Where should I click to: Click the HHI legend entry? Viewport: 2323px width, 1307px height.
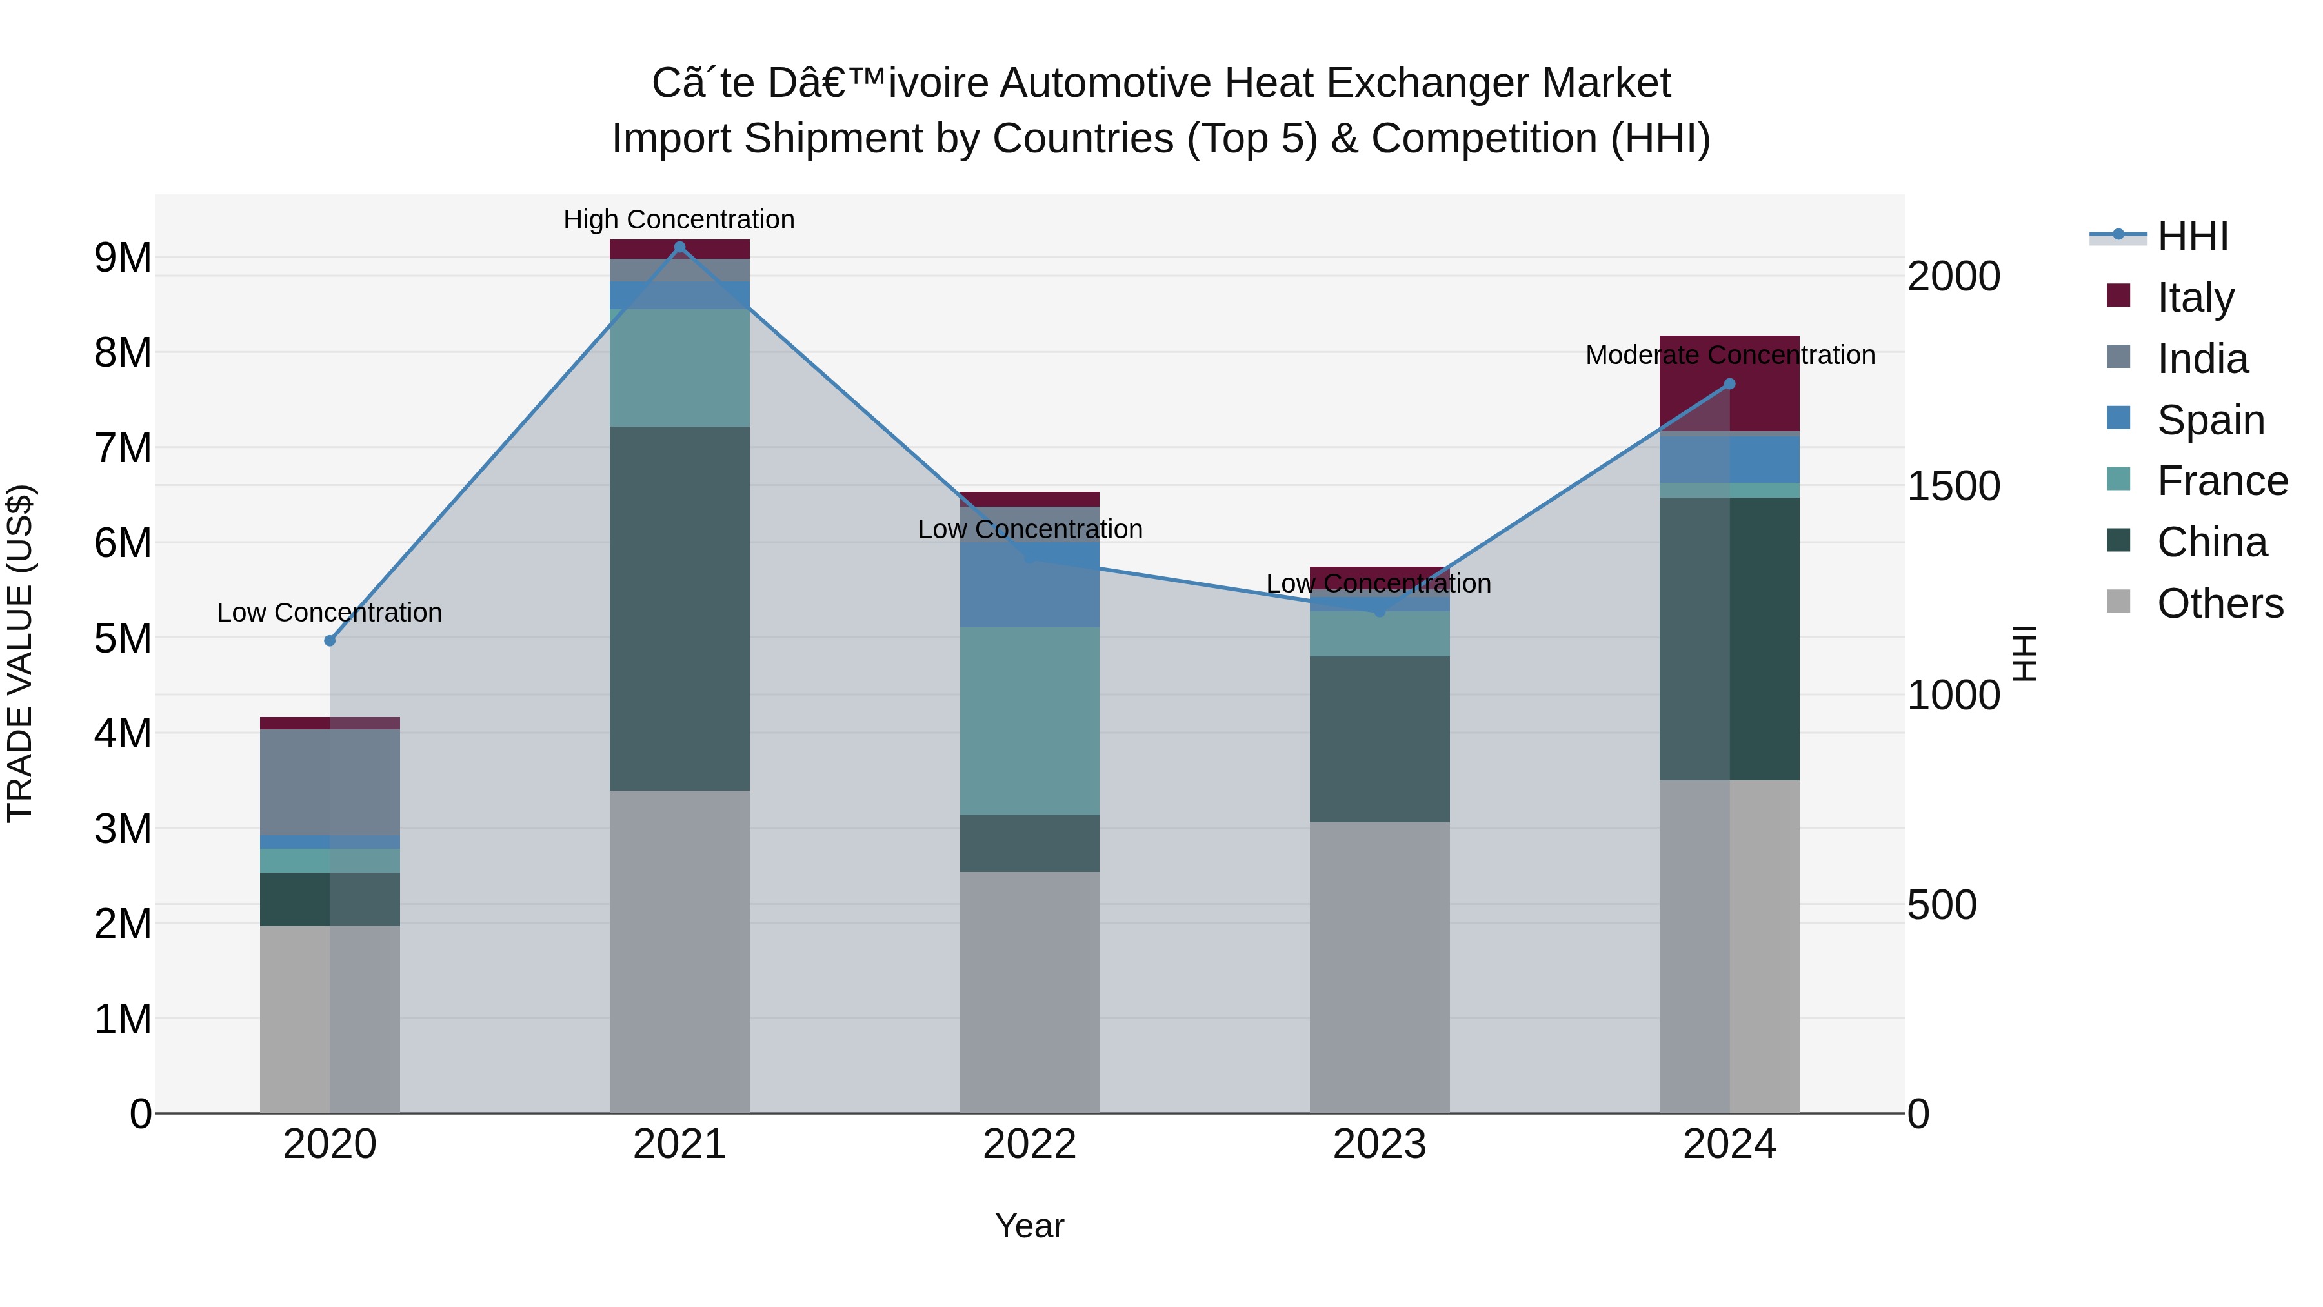tap(2191, 236)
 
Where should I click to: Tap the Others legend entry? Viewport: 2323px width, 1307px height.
tap(2219, 603)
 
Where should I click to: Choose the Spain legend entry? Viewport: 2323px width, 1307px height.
tap(2210, 420)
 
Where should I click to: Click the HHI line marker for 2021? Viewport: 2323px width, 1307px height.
tap(680, 247)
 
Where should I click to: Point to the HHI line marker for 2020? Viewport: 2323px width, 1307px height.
tap(330, 640)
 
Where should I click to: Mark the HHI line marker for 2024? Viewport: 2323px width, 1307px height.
tap(1729, 383)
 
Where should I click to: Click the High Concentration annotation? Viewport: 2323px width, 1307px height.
tap(679, 219)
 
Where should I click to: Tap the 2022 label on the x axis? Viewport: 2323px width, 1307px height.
tap(1029, 1144)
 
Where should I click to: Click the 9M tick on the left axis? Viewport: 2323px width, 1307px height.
tap(123, 258)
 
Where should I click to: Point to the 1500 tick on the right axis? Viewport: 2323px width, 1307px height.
tap(1953, 486)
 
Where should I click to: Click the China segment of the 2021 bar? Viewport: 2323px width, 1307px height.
tap(680, 609)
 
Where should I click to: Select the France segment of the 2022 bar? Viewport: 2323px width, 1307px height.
tap(1029, 722)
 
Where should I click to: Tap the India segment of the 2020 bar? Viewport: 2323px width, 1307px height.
tap(330, 782)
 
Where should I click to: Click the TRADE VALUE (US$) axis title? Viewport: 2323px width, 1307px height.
tap(20, 653)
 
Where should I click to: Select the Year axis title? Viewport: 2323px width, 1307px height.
tap(1029, 1226)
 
